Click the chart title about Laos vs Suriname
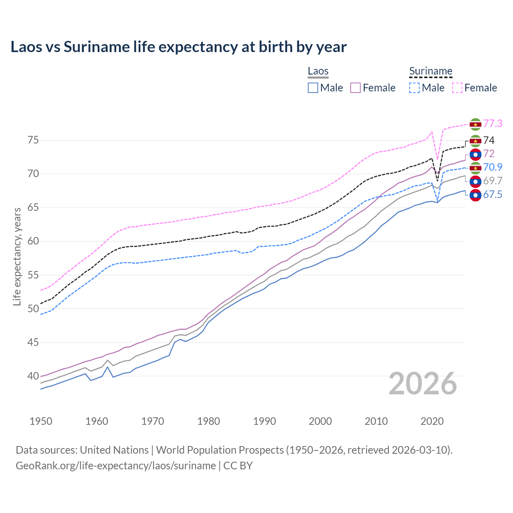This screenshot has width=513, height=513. coord(178,47)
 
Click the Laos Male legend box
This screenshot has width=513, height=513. coord(313,88)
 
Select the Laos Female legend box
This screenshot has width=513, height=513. coord(355,88)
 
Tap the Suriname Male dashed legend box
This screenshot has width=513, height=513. coord(414,88)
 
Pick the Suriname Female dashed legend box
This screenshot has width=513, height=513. coord(457,88)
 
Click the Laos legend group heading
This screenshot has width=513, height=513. coord(318,71)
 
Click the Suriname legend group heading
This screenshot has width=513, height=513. coord(430,71)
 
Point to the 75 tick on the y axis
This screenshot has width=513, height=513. coord(33,140)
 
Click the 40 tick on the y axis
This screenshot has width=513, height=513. coord(33,376)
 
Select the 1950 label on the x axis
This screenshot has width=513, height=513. coord(41,421)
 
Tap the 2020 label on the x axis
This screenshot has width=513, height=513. coord(432,421)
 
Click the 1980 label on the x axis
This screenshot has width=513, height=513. coord(208,421)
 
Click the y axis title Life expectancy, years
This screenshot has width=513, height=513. coord(17,256)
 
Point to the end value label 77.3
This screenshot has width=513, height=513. coord(493,124)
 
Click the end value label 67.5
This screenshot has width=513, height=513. coord(493,195)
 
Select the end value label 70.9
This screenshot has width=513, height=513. coord(493,168)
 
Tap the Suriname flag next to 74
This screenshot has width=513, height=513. coord(475,141)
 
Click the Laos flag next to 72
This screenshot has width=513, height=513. coord(475,154)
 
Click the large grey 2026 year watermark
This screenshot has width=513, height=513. coord(422,384)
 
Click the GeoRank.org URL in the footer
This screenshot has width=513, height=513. coord(116,466)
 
